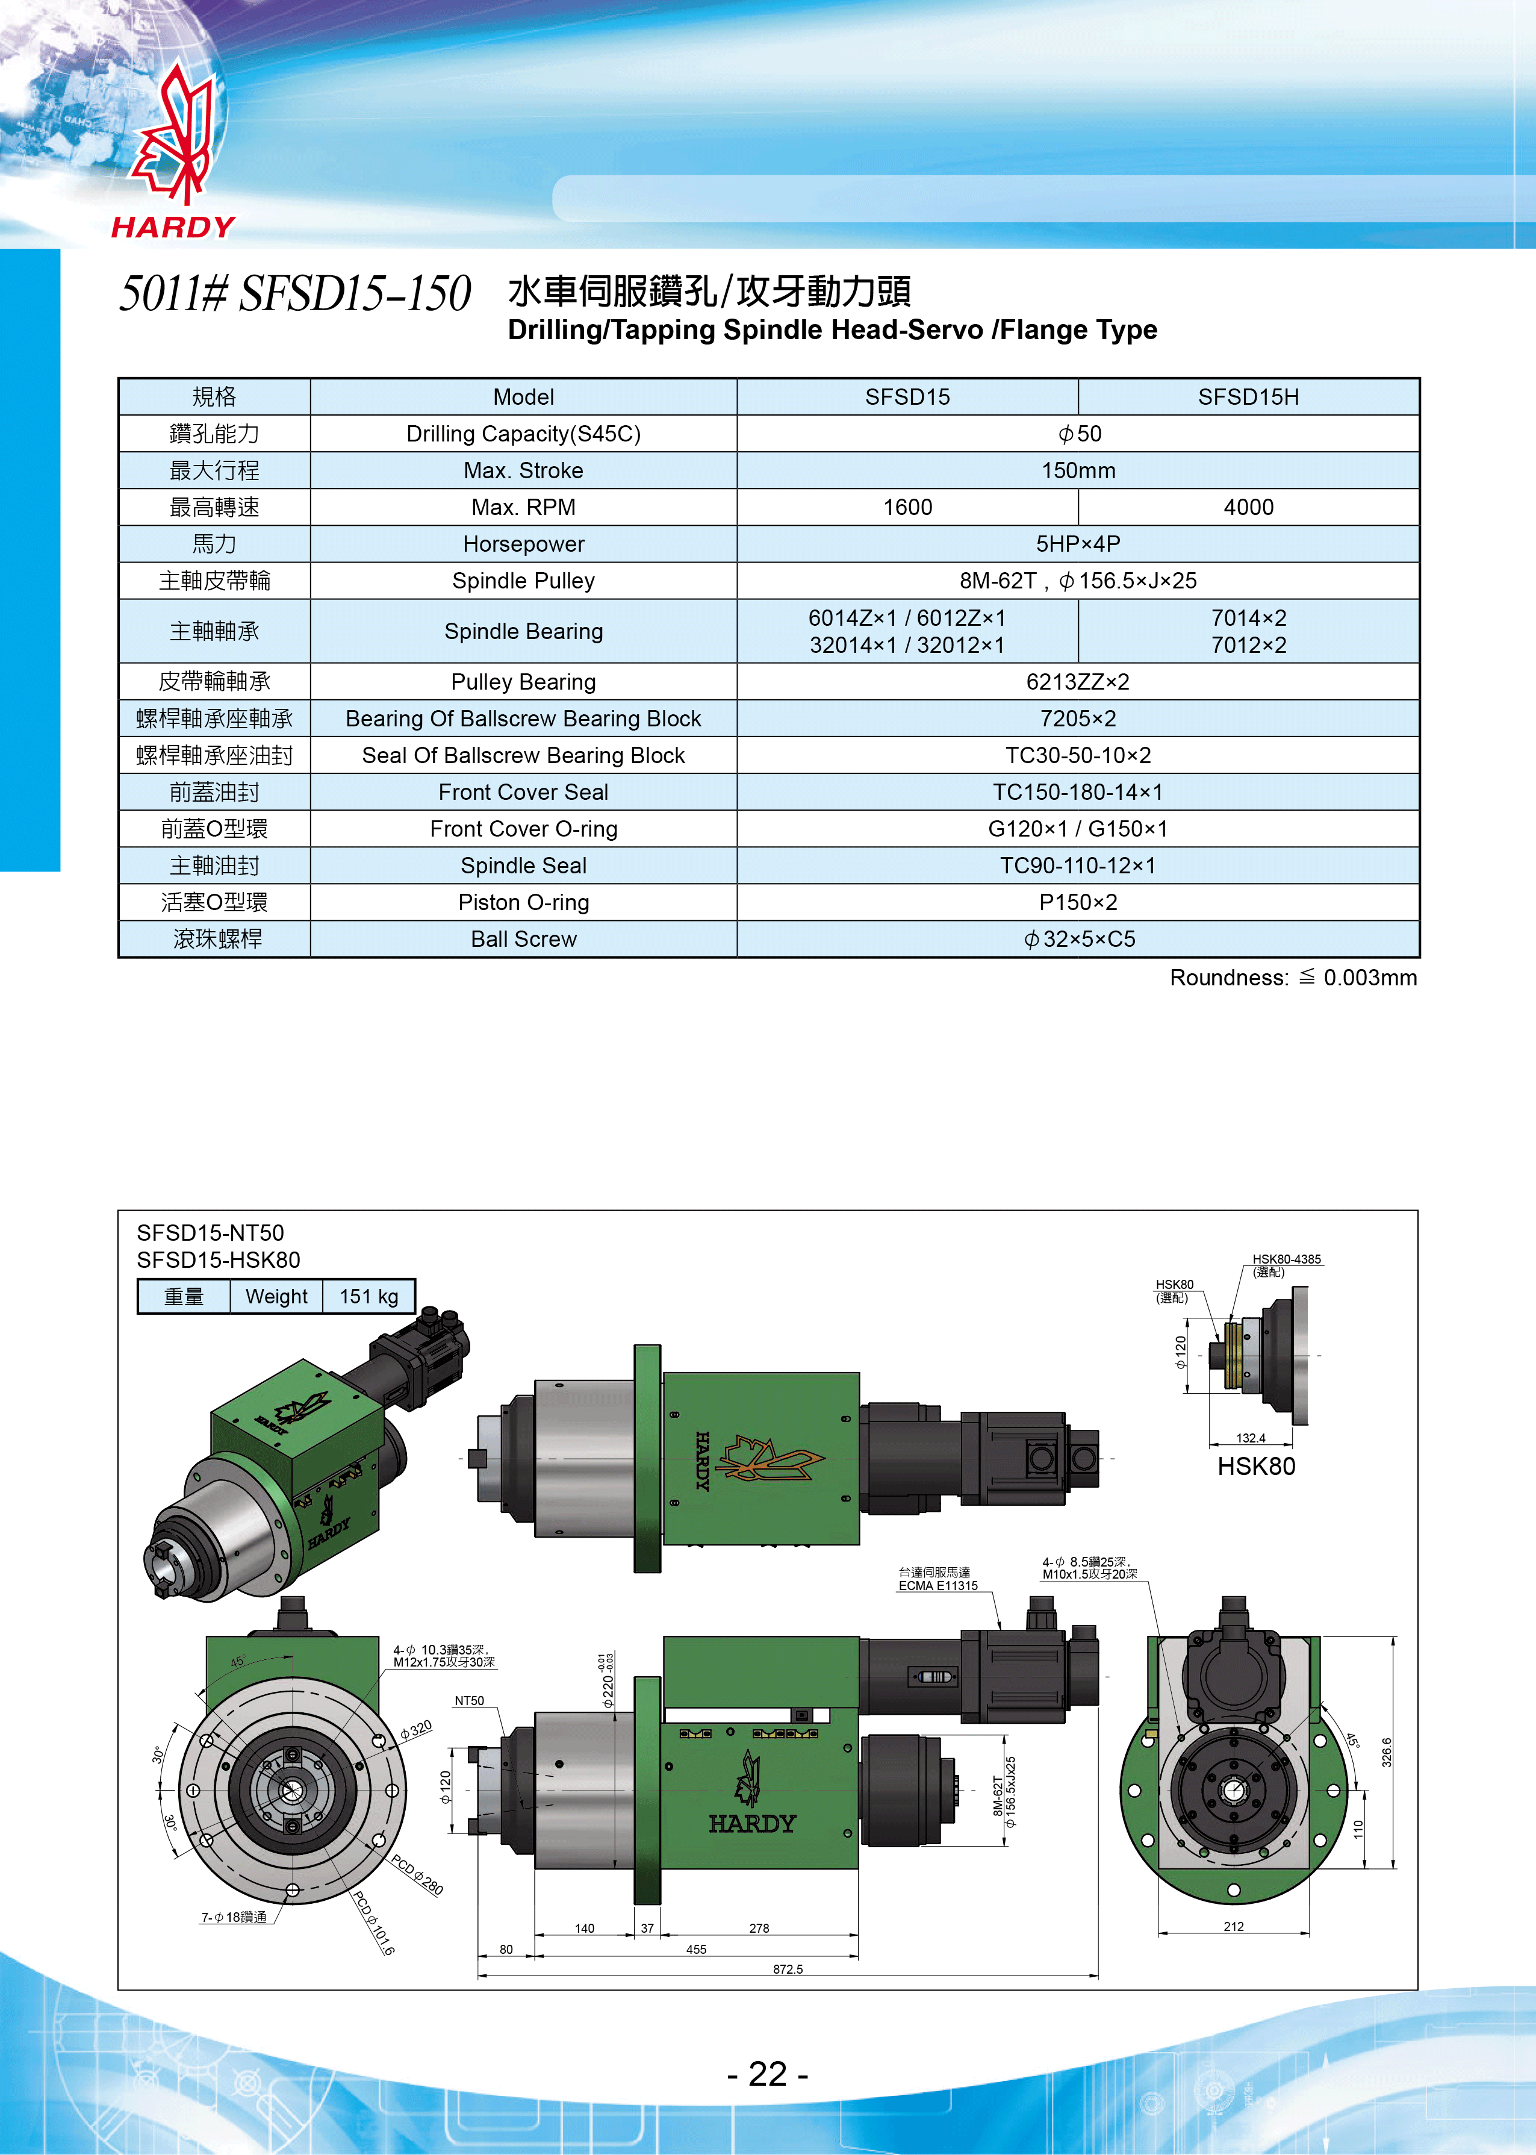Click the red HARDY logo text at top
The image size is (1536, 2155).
(x=173, y=227)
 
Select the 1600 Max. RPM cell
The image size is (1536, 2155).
(x=906, y=507)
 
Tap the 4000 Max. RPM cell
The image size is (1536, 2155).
(x=1248, y=507)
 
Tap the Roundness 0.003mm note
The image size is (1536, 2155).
(x=1292, y=978)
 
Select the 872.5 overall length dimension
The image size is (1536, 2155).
(x=787, y=1969)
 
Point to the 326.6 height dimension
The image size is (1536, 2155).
(x=1387, y=1752)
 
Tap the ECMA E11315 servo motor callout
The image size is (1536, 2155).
(x=937, y=1585)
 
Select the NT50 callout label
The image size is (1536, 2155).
(x=469, y=1701)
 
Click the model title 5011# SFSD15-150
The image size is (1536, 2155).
(x=294, y=293)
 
